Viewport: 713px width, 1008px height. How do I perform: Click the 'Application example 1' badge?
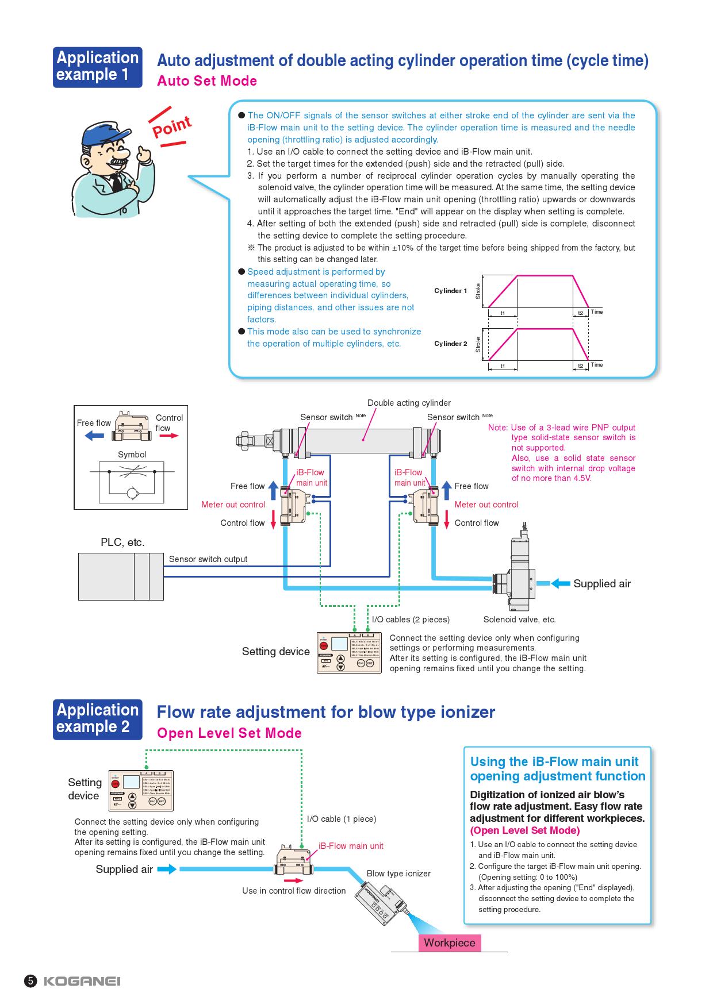(x=97, y=67)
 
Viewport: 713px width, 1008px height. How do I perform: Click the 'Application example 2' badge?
(x=97, y=718)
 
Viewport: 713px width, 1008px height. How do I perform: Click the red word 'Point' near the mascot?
(x=171, y=126)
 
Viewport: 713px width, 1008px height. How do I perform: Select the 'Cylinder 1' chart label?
(x=450, y=291)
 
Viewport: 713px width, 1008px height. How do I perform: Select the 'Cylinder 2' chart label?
(x=450, y=344)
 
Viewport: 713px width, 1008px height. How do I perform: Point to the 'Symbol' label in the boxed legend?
(x=132, y=455)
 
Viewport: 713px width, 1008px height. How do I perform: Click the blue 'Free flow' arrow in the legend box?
(x=94, y=436)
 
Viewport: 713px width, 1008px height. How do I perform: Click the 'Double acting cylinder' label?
(x=409, y=403)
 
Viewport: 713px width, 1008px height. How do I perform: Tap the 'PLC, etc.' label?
(x=122, y=542)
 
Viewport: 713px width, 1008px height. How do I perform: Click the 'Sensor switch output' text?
(x=208, y=559)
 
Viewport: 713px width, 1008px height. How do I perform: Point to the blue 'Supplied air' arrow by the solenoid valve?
(x=561, y=583)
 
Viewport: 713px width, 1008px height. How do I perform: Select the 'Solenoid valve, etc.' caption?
(x=519, y=620)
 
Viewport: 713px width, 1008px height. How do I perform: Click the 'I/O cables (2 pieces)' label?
(x=411, y=620)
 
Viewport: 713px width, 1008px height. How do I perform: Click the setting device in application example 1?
(x=349, y=653)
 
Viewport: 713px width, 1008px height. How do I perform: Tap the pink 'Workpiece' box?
(x=450, y=943)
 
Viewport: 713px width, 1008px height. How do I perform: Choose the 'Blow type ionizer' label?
(x=398, y=874)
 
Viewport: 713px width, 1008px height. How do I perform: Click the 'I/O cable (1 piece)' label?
(x=342, y=819)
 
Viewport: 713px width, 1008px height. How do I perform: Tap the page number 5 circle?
(x=30, y=981)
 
